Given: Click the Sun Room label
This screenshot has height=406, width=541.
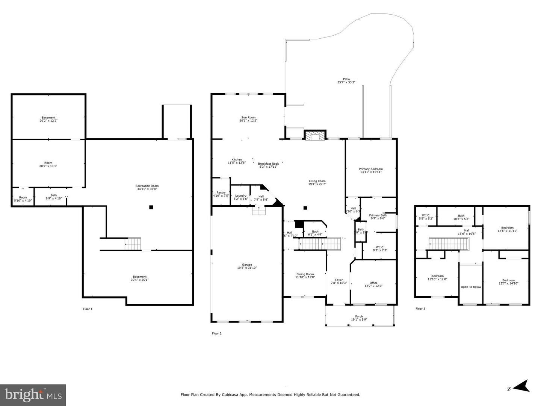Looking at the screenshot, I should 248,118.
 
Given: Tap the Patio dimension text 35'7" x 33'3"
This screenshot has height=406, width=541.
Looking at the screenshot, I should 346,82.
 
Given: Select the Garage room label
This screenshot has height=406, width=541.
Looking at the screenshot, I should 247,265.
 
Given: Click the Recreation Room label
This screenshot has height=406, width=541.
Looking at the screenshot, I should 147,186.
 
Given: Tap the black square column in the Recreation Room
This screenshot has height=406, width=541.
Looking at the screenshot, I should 151,207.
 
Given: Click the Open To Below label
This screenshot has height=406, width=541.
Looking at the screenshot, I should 471,287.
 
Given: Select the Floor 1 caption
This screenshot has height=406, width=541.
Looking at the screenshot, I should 88,309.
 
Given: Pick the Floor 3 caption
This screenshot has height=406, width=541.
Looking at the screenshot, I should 420,309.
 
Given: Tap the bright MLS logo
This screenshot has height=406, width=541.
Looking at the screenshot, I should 33,395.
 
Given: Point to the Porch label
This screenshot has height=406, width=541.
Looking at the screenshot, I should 359,317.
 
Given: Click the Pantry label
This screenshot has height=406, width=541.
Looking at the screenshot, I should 221,192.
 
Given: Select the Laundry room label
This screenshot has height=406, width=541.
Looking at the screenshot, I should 241,195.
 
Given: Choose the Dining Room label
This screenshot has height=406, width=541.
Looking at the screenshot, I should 305,274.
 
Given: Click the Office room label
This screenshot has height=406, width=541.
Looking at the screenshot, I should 373,283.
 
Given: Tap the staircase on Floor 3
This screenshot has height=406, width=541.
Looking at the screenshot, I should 448,244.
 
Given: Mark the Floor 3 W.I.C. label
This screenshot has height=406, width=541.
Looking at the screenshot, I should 426,215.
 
